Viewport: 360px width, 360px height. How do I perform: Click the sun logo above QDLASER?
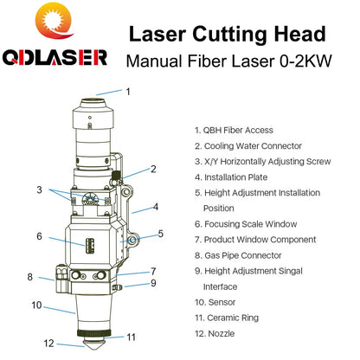tap(55, 21)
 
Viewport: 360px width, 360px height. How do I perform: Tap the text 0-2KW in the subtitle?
tap(305, 61)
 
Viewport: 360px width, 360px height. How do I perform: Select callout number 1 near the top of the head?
tap(128, 92)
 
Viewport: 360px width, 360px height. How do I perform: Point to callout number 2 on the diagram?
tap(153, 169)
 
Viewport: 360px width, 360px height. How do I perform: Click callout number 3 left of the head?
tap(39, 190)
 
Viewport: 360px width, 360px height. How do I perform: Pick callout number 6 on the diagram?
tap(39, 236)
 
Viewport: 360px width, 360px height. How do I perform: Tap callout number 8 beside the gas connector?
tap(30, 277)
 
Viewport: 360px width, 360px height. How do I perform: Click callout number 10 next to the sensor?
tap(36, 305)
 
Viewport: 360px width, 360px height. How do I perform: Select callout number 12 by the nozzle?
tap(48, 344)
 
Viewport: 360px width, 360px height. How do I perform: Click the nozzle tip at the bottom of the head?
tap(93, 344)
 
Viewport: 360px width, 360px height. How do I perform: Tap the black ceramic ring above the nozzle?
tap(93, 333)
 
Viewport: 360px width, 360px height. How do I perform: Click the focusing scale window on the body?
tap(90, 246)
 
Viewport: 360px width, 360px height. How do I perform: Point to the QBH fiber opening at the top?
tap(93, 102)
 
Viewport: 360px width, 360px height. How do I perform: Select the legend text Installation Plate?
tap(235, 177)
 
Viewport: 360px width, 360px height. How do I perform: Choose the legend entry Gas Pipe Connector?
tap(242, 255)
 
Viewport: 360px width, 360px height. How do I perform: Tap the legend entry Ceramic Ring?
tap(233, 318)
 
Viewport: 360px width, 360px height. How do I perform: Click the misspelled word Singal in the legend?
tap(291, 271)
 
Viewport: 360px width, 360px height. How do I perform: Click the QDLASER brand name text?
tap(55, 57)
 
